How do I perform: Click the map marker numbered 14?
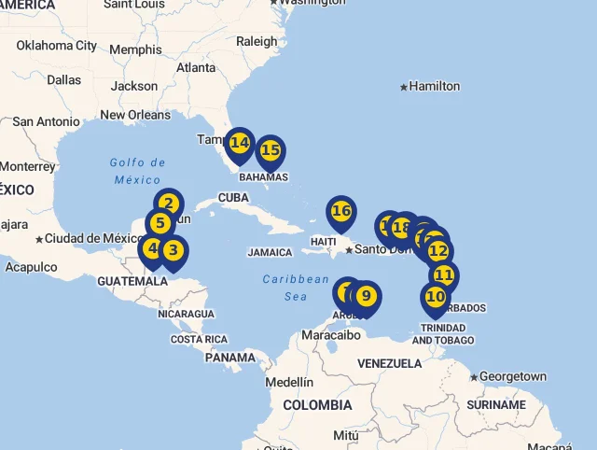point(240,143)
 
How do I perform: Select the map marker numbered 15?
point(271,150)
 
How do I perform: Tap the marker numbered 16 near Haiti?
point(341,211)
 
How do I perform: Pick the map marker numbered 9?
point(366,297)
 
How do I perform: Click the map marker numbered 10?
point(435,297)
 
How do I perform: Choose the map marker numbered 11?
point(444,275)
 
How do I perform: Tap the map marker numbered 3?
point(174,250)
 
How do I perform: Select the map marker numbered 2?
point(168,204)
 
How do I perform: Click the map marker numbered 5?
point(160,224)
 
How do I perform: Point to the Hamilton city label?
point(435,86)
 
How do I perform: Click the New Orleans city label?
point(136,115)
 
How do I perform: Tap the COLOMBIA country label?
point(317,405)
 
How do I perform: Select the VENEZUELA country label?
point(390,362)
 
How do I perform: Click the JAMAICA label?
point(270,252)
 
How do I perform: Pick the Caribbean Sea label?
point(296,288)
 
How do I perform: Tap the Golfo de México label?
point(137,171)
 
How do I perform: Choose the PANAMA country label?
point(229,357)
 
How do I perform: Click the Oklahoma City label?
point(57,45)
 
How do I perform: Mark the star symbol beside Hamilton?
point(404,87)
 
